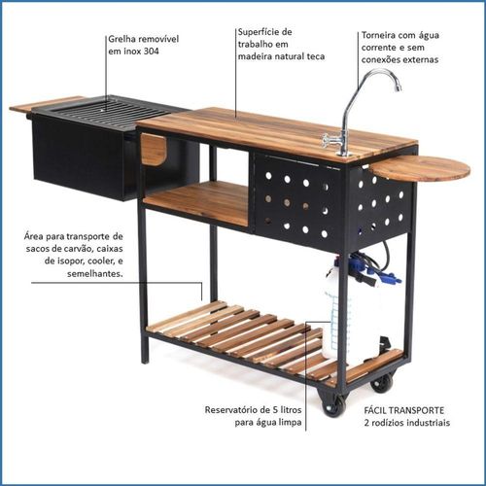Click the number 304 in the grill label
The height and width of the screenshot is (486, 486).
point(151,52)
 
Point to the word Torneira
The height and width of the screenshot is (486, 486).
point(377,35)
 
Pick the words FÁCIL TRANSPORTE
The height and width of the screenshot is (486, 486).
point(403,410)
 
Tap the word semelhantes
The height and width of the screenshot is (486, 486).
point(94,274)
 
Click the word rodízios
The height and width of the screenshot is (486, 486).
point(387,423)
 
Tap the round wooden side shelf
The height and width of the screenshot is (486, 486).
point(420,168)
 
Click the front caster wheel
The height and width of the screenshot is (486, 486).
point(332,404)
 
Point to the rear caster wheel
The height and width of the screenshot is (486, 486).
point(382,383)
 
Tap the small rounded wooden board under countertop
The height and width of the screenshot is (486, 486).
point(154,149)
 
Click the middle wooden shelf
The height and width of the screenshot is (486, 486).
point(197,201)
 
